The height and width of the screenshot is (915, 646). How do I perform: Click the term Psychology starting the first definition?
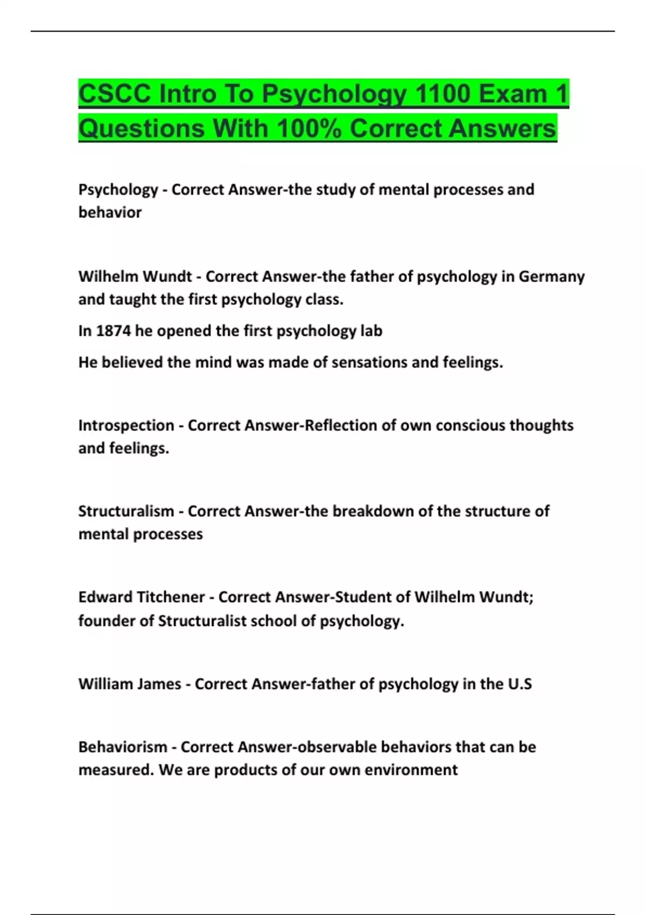(x=118, y=189)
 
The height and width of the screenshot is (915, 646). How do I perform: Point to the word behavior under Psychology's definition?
(x=110, y=213)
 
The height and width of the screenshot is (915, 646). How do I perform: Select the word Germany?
(x=551, y=277)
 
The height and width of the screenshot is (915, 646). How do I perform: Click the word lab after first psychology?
(x=371, y=330)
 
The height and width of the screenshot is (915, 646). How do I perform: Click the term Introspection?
(x=127, y=425)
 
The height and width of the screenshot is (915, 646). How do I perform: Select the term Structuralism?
(x=127, y=511)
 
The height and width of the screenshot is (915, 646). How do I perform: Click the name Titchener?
(x=171, y=597)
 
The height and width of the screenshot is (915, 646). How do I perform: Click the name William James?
(x=130, y=684)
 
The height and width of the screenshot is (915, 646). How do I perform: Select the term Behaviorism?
(x=123, y=747)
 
